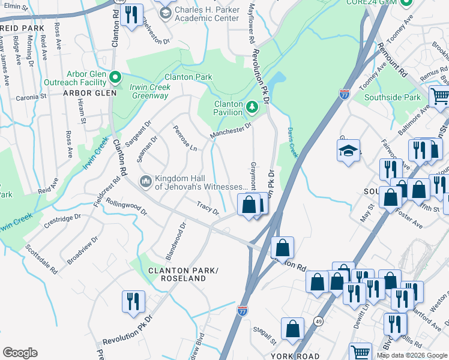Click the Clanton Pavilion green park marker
[x=253, y=108]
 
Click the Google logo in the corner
[x=20, y=353]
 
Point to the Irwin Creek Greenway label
[x=142, y=91]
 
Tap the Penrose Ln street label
[x=184, y=137]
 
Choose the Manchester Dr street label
[x=231, y=130]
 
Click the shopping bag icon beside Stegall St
[x=292, y=329]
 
